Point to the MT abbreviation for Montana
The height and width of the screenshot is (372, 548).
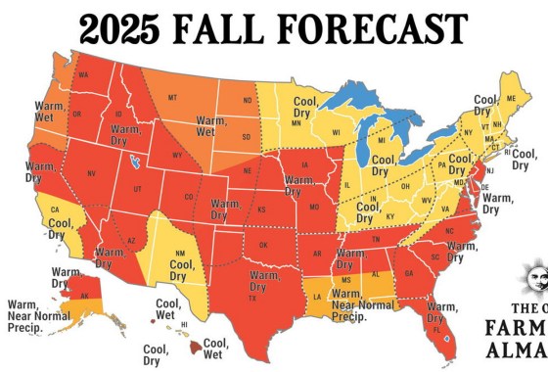[171, 98]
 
